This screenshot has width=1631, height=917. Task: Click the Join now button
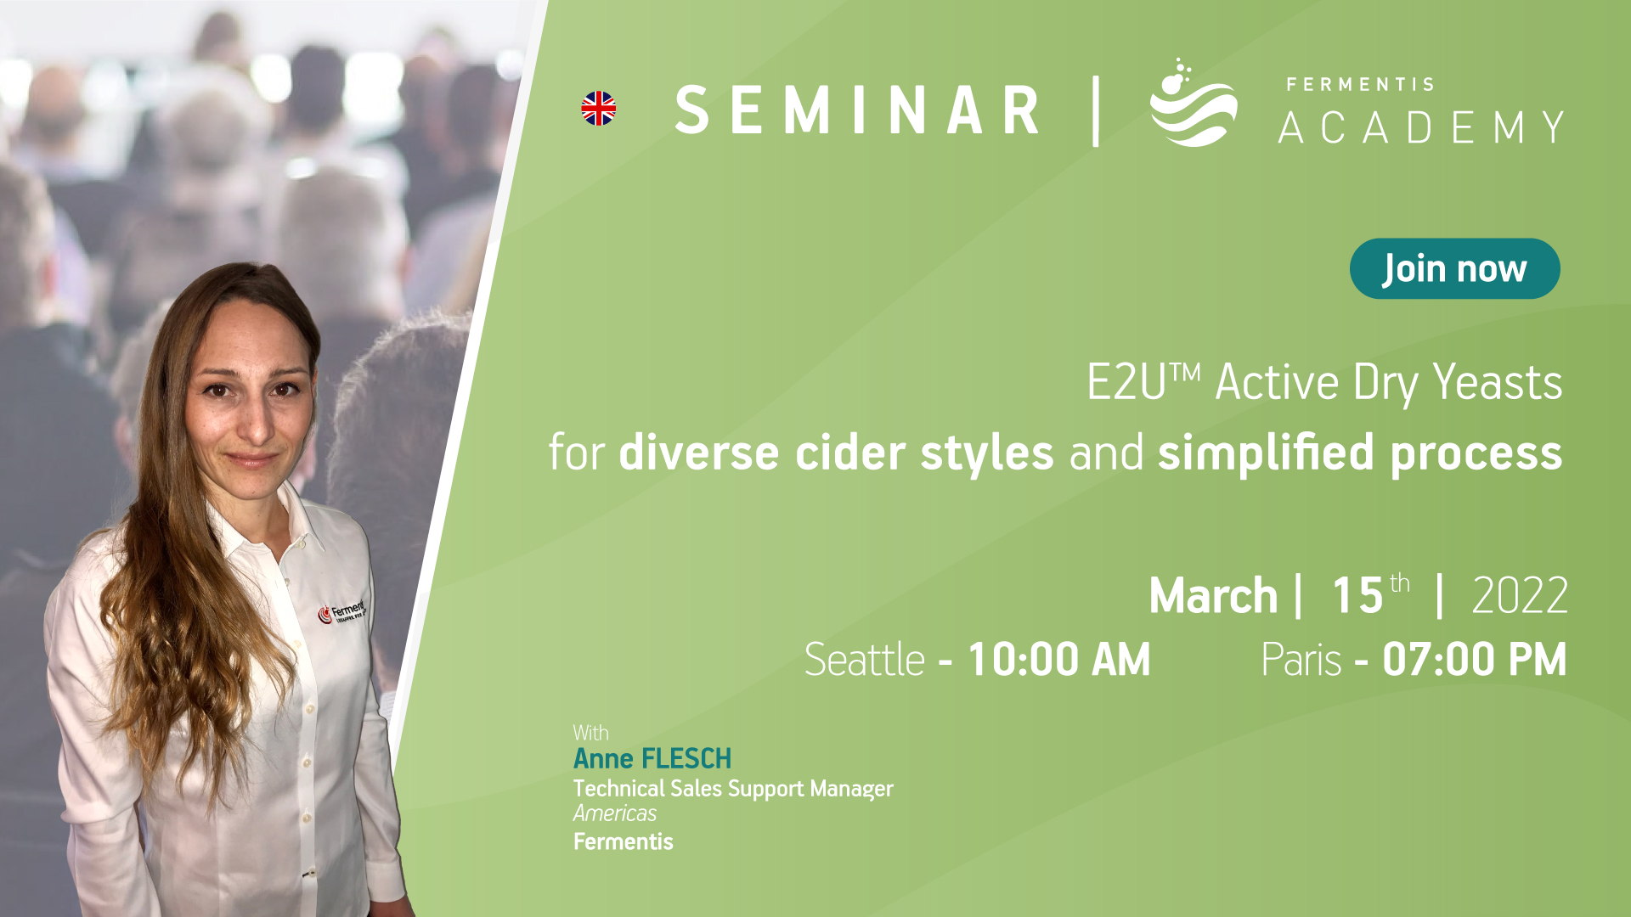point(1454,268)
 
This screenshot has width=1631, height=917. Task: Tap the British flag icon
point(599,109)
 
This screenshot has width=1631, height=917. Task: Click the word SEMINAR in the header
point(857,110)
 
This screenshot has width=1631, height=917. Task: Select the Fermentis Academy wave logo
point(1193,103)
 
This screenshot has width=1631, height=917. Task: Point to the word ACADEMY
point(1421,127)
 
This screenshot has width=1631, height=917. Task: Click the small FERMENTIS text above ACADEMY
point(1360,84)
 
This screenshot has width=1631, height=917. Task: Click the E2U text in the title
point(1126,382)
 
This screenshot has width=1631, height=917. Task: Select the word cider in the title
point(849,452)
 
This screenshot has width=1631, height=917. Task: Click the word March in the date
point(1213,595)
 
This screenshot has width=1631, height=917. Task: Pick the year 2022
point(1520,595)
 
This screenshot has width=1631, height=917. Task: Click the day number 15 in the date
point(1357,595)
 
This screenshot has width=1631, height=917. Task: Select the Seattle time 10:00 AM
point(1059,659)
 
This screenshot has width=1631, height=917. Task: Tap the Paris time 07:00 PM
point(1475,659)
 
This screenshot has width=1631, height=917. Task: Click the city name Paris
point(1301,660)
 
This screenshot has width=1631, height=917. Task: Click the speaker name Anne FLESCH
point(652,758)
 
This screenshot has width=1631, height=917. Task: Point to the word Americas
point(615,813)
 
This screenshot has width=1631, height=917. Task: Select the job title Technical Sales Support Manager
point(733,789)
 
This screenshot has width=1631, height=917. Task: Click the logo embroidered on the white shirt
point(341,611)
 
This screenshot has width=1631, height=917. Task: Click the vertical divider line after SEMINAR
point(1096,111)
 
